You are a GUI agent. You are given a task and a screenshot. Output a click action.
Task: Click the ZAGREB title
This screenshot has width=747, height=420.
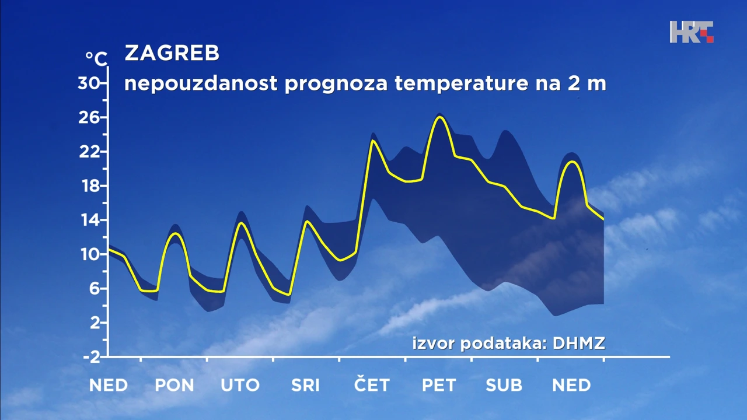coord(172,54)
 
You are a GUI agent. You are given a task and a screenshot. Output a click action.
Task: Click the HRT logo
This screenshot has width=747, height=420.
coord(692,32)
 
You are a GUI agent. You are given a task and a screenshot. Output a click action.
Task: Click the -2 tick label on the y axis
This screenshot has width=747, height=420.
coord(91,357)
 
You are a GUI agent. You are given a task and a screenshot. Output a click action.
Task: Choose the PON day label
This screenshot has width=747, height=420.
coord(174,386)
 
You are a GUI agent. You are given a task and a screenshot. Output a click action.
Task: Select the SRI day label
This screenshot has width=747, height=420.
coord(306,386)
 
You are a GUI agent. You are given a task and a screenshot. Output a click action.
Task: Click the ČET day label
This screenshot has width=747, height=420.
coord(372,385)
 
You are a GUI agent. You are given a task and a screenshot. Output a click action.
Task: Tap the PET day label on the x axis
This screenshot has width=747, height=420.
coord(439,386)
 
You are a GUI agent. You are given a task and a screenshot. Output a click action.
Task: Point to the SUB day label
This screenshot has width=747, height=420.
coord(504,386)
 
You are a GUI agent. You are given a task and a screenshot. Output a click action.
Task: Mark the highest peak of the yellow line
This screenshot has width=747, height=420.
coord(439,117)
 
